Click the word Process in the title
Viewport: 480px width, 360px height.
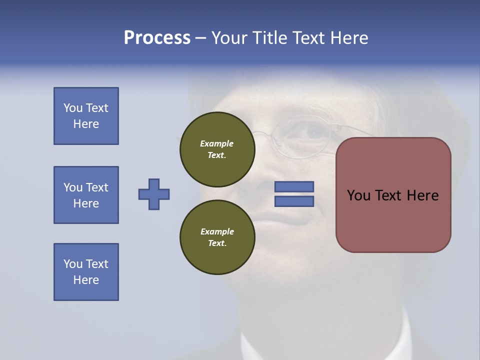[x=157, y=38]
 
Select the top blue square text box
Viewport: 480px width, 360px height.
[x=86, y=116]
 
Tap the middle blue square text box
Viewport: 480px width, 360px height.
[x=86, y=195]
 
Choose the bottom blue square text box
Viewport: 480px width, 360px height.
[x=86, y=272]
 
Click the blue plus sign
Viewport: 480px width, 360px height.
[x=154, y=194]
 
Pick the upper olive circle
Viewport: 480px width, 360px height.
[x=217, y=149]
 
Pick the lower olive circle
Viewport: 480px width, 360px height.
[x=217, y=237]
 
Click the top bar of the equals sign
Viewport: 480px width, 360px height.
[x=294, y=187]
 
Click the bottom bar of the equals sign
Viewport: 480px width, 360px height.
[x=294, y=201]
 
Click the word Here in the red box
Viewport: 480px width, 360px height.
[x=422, y=195]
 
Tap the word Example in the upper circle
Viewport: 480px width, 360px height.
[x=217, y=143]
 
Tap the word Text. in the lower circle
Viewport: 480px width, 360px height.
[x=217, y=243]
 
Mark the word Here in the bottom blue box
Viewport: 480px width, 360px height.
[x=86, y=280]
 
